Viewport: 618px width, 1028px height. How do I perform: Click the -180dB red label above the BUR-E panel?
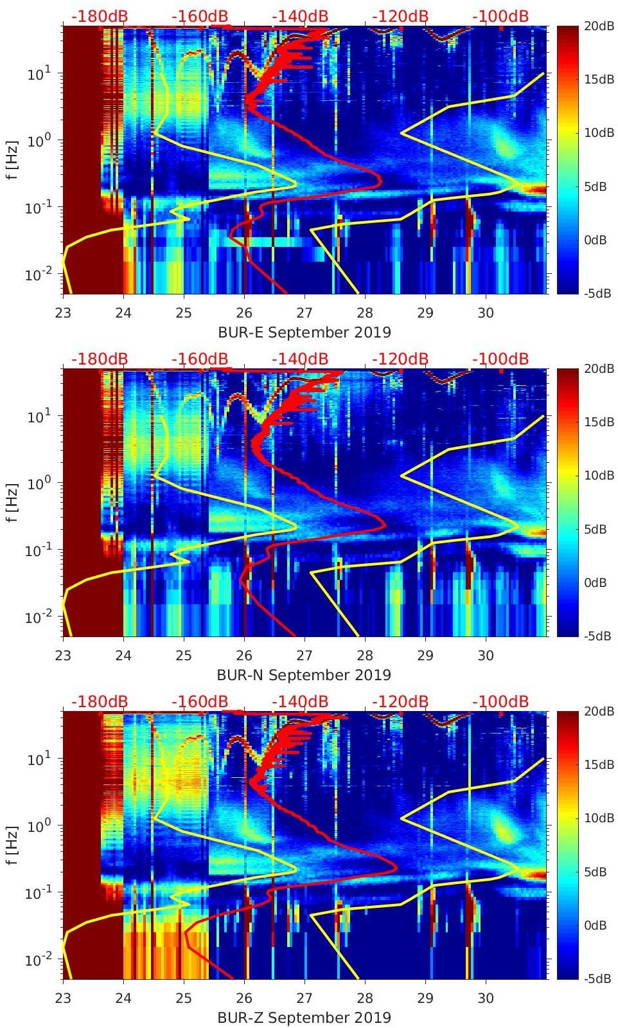click(100, 16)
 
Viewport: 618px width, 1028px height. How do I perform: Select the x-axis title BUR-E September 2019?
click(304, 332)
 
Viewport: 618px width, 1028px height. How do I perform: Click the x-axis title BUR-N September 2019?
click(304, 675)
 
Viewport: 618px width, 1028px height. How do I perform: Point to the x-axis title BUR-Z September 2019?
click(304, 1018)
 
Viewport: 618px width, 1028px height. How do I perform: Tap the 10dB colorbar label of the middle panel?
click(594, 475)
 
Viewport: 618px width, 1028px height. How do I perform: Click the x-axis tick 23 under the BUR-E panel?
click(63, 314)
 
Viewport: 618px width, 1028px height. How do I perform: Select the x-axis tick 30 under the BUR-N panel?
click(486, 656)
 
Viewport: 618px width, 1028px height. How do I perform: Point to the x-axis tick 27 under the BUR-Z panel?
click(305, 999)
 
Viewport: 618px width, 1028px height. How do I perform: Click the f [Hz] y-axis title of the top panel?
click(13, 160)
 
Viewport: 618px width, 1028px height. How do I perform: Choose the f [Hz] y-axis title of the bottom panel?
click(13, 845)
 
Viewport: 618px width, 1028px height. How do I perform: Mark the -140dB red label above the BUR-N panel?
click(299, 359)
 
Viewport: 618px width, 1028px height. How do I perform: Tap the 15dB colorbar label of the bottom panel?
click(594, 764)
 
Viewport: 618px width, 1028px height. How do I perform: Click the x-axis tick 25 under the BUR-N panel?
click(184, 656)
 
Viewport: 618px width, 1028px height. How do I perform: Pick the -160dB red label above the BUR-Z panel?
click(200, 701)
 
